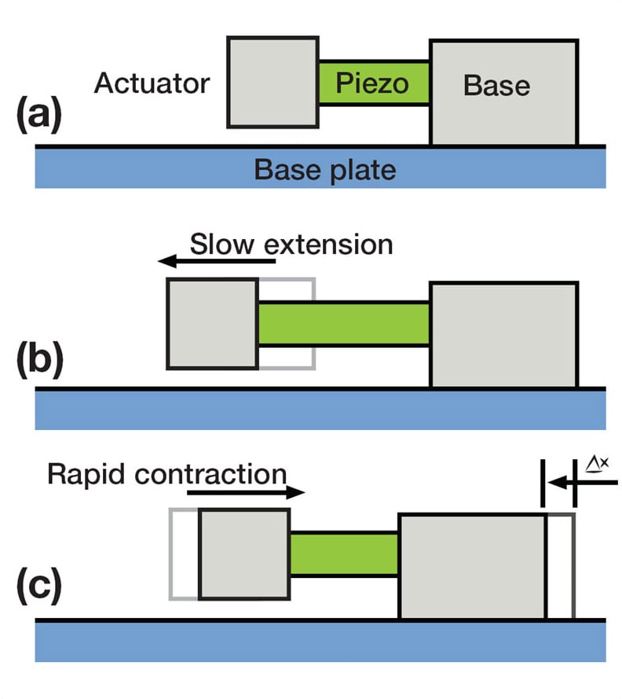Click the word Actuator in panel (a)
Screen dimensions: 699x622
pos(152,83)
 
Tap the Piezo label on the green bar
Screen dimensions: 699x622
pos(372,83)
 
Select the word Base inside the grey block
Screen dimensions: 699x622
pos(496,85)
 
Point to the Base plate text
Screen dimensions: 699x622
pos(325,169)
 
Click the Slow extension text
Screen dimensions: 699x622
pos(291,245)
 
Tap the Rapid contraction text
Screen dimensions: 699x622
pos(166,475)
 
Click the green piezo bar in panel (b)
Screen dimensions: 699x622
pos(343,324)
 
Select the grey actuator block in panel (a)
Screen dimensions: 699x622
pos(273,82)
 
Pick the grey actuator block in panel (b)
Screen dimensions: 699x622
pos(212,323)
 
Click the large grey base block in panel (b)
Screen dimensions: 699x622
pos(503,335)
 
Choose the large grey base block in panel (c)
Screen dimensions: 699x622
pos(472,566)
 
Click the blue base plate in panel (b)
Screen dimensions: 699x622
pos(320,410)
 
